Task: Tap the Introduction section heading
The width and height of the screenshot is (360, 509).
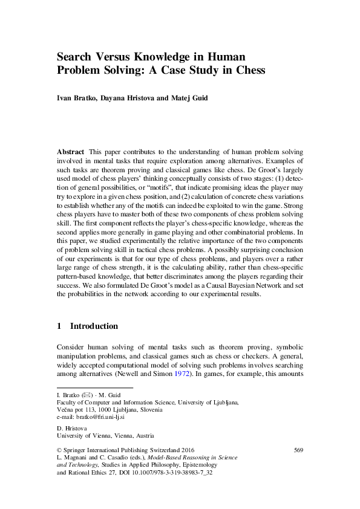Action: click(94, 326)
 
